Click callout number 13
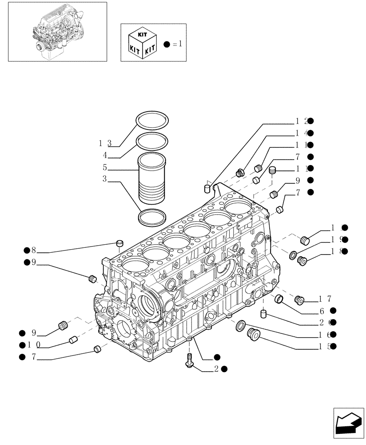(x=105, y=143)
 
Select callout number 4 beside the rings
(x=105, y=155)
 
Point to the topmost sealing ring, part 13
(x=153, y=120)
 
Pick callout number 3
(x=104, y=179)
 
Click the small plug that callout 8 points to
(x=119, y=243)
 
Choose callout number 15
(x=326, y=346)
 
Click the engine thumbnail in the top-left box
(x=54, y=31)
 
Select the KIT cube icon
(x=141, y=43)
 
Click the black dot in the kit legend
(x=167, y=44)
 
